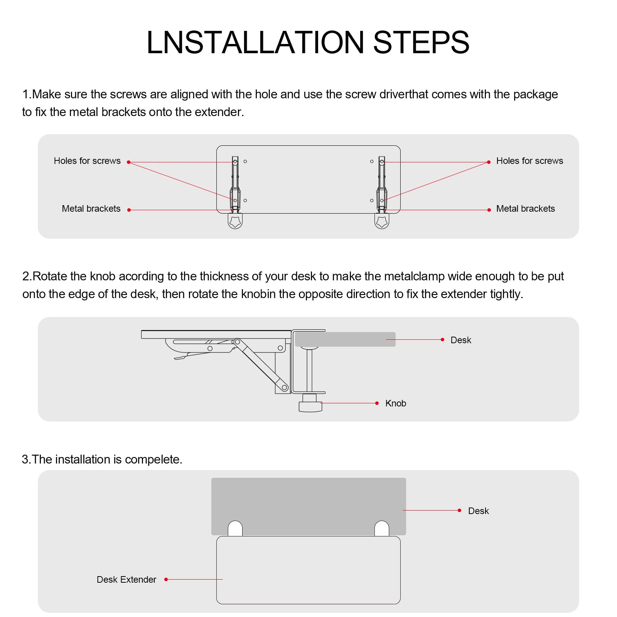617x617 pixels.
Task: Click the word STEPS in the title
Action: click(421, 42)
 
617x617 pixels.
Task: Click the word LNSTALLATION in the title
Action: click(255, 42)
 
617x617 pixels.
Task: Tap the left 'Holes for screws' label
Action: click(87, 161)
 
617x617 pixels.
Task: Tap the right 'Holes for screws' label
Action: click(529, 161)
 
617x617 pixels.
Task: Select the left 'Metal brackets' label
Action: click(91, 209)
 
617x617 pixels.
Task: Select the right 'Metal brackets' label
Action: click(526, 209)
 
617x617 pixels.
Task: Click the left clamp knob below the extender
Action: click(235, 221)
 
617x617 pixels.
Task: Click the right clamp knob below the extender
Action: click(382, 221)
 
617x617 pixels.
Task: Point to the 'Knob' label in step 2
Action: click(396, 403)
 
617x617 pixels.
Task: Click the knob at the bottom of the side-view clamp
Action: click(310, 406)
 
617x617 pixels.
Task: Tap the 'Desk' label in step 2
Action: click(461, 340)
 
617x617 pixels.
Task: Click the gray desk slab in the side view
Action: click(345, 339)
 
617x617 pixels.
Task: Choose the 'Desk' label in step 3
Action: click(478, 511)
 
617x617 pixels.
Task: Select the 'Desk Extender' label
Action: click(126, 580)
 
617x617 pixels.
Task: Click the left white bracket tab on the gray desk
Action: click(235, 529)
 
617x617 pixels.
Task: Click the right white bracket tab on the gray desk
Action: click(382, 529)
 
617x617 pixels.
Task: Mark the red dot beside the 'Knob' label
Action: click(377, 403)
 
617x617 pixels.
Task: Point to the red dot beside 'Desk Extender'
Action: click(166, 579)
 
